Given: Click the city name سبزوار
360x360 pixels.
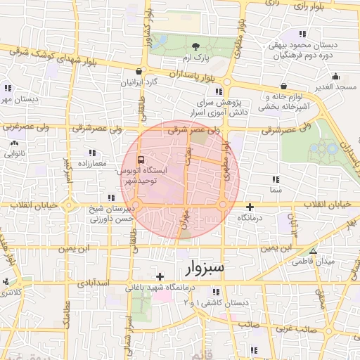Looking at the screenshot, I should [205, 268].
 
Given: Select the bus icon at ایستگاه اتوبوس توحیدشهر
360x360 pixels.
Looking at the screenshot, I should [141, 159].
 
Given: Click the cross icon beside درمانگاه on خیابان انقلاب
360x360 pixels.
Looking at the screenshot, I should [251, 207].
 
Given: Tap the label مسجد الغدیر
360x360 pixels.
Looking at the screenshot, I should [336, 86].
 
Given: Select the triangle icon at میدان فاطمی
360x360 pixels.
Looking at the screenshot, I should [313, 251].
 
